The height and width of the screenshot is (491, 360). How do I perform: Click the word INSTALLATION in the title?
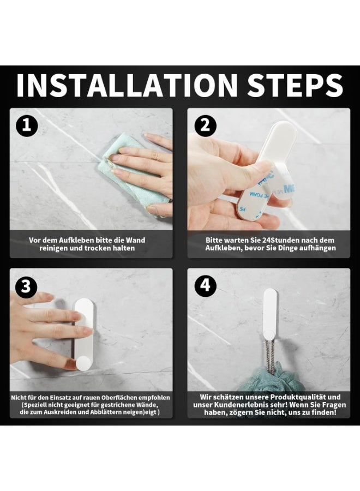coord(127,85)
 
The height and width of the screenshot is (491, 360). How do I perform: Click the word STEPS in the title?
coord(295,85)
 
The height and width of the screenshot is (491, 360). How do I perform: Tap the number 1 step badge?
coord(27,125)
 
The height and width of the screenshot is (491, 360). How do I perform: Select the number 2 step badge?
coord(205,125)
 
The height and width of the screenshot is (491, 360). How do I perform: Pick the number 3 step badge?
coord(26,286)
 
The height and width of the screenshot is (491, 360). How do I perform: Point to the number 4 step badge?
coord(205,285)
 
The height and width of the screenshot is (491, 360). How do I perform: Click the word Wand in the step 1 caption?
coord(135,240)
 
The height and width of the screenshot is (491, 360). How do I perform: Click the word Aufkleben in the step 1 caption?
coord(75,240)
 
